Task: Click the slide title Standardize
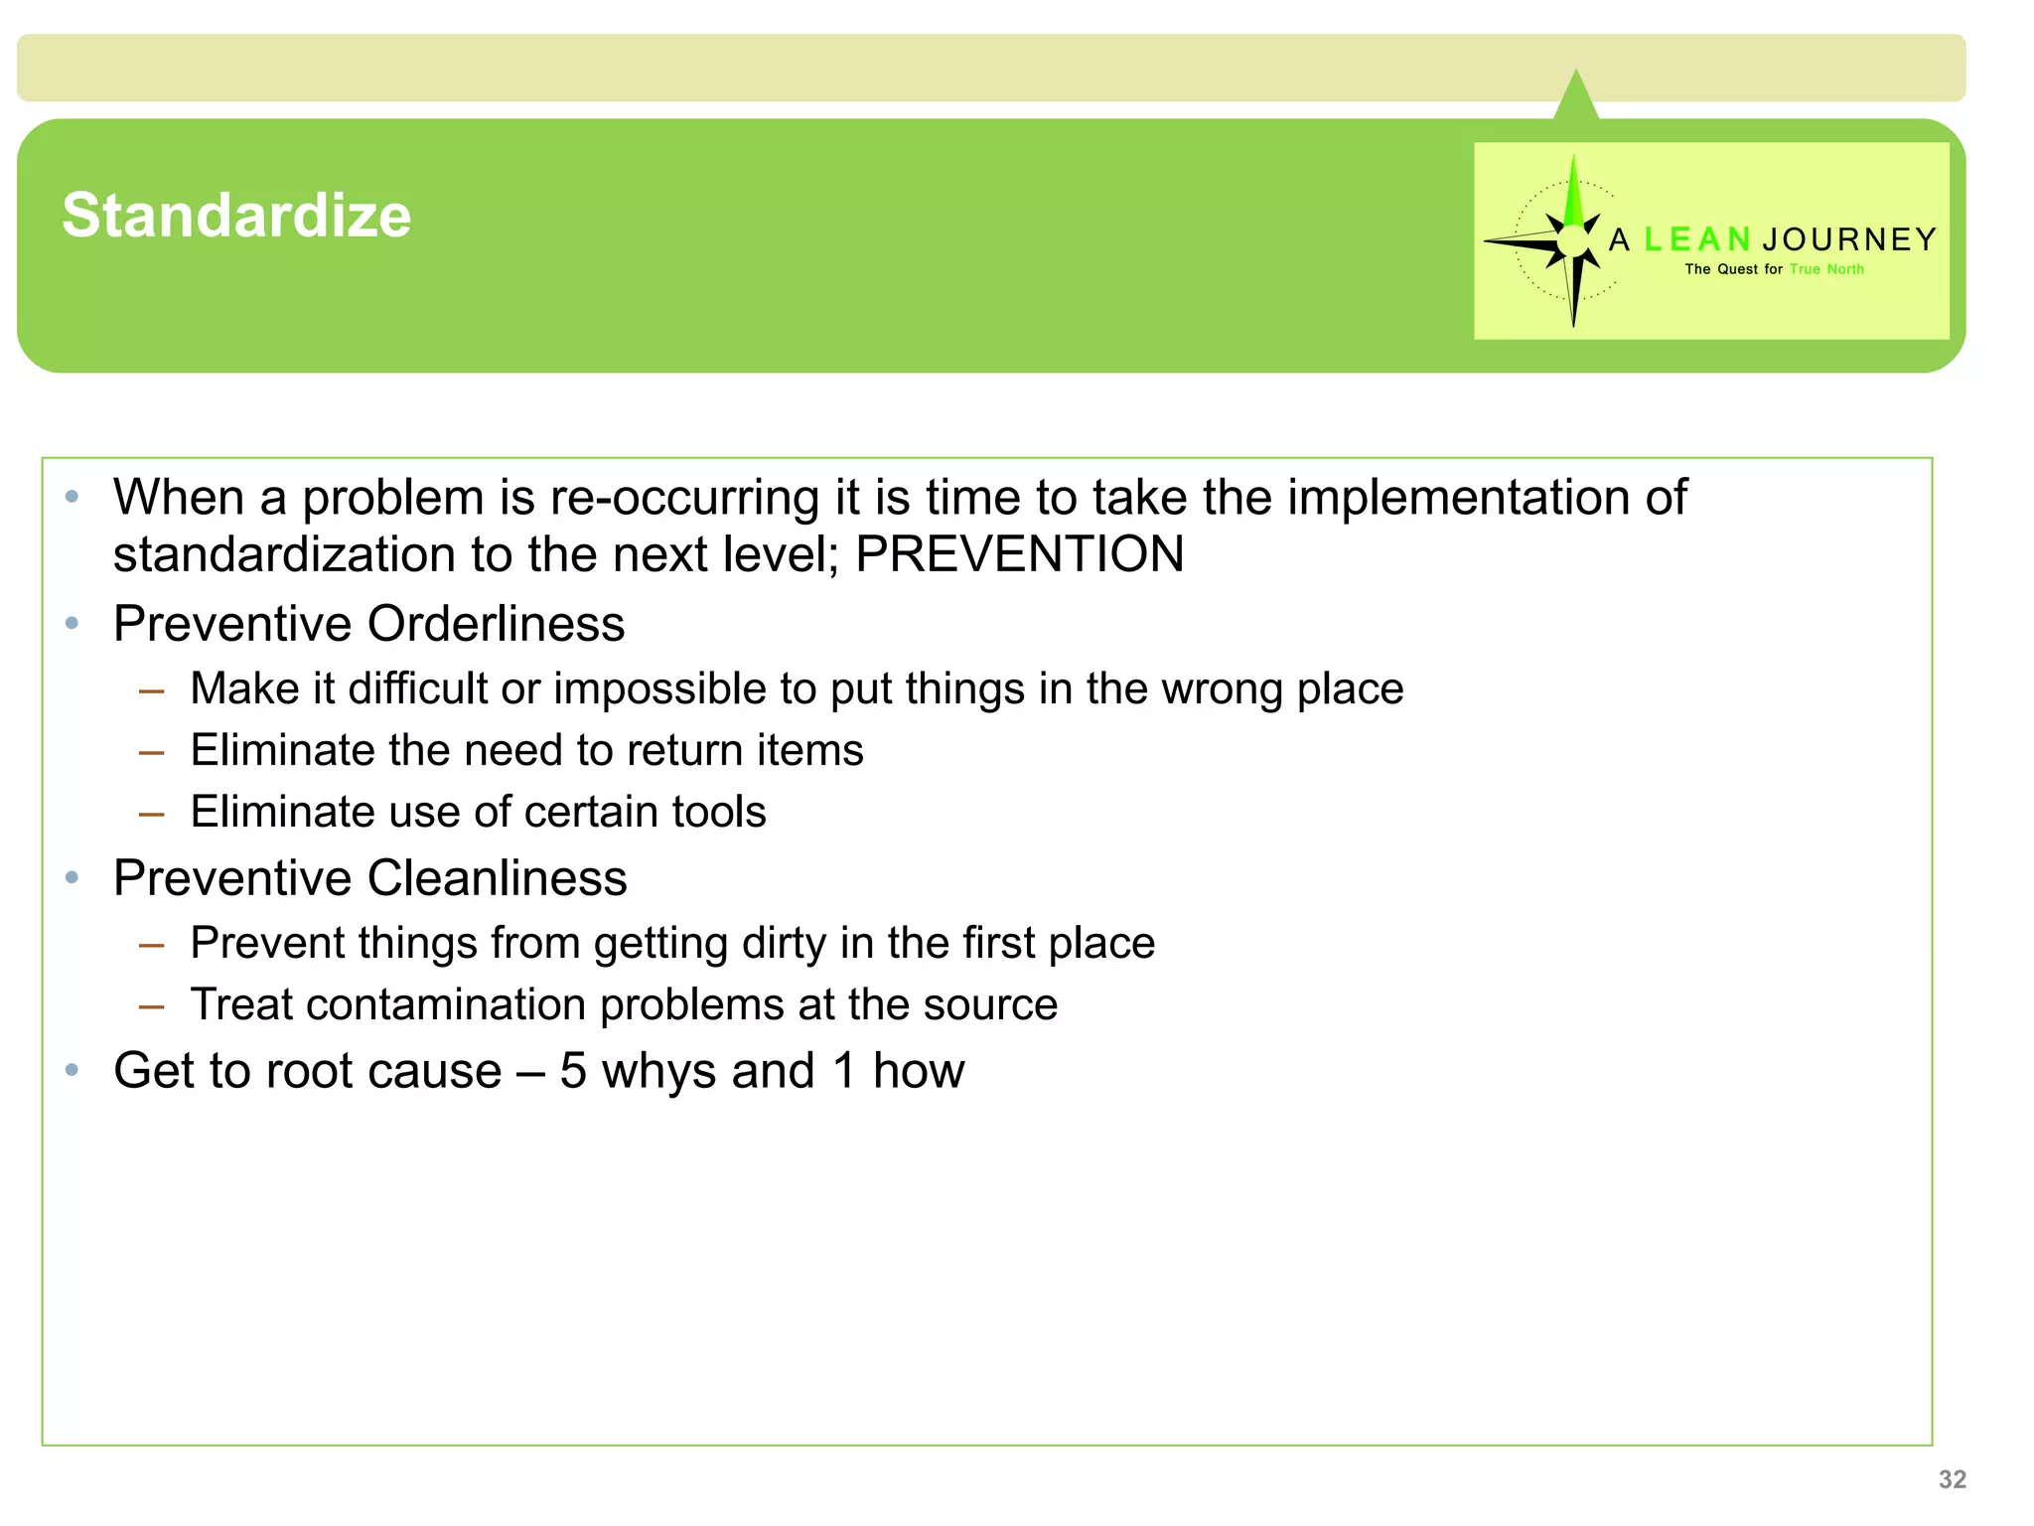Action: click(x=236, y=216)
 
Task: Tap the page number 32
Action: click(x=1952, y=1479)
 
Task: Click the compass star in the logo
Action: click(x=1571, y=241)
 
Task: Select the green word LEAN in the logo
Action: click(x=1696, y=239)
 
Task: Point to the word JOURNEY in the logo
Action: click(x=1849, y=239)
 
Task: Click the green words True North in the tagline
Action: click(x=1826, y=269)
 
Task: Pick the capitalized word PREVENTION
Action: click(x=1019, y=553)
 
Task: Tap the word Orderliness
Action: click(x=496, y=624)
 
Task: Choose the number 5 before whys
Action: click(x=573, y=1071)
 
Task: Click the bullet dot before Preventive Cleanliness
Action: click(x=72, y=877)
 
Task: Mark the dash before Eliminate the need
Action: click(x=151, y=752)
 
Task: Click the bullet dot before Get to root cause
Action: click(x=72, y=1070)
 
